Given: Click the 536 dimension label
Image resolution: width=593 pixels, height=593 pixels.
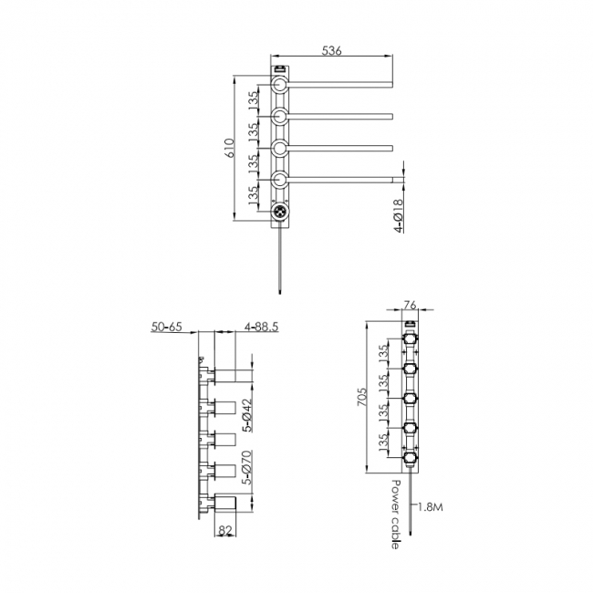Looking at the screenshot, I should click(x=332, y=52).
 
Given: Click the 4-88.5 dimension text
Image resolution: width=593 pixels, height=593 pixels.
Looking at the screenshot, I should click(x=262, y=327).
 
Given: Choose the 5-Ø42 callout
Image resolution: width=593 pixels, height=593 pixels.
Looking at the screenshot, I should click(x=247, y=414).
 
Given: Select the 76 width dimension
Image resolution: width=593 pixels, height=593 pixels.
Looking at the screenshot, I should click(x=410, y=307).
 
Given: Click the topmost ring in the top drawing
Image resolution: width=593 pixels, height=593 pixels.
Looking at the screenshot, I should click(x=280, y=88).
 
